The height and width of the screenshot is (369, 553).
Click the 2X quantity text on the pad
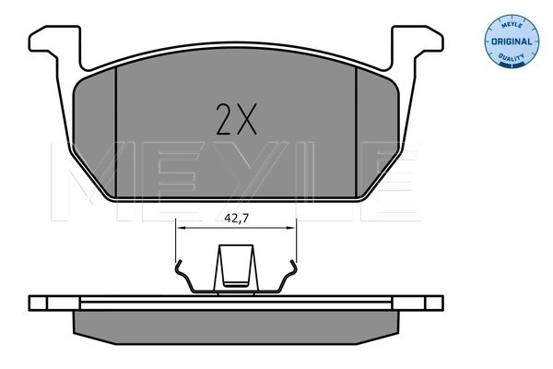point(236,119)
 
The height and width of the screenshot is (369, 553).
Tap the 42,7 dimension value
point(237,219)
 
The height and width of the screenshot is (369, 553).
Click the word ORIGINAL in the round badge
point(512,42)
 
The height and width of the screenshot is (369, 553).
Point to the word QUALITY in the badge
point(512,57)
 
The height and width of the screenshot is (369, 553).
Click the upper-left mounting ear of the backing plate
point(54,41)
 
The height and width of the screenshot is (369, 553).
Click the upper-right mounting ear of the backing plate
point(418,41)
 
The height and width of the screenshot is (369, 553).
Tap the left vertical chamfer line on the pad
point(116,133)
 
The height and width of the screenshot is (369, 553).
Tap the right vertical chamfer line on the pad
point(357,133)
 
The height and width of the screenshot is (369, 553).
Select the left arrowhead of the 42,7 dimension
point(181,228)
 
